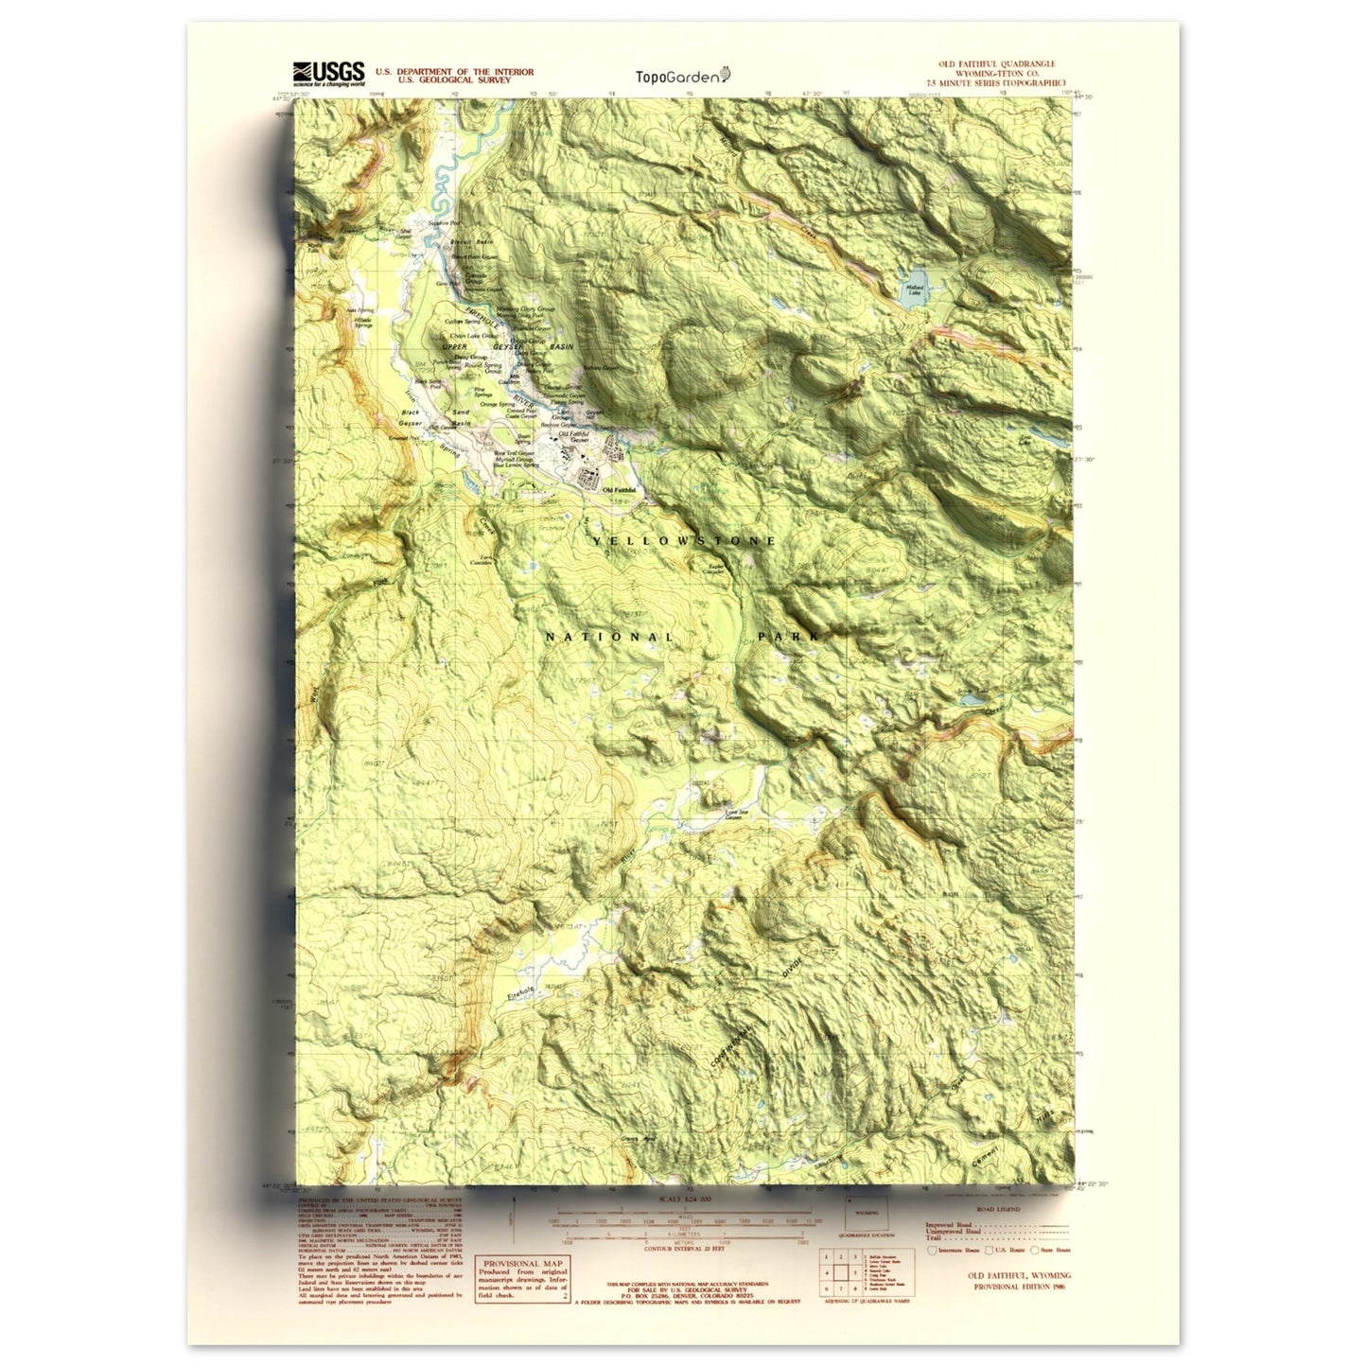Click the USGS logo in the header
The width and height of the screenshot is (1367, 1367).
(x=328, y=74)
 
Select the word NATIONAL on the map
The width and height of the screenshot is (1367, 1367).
(x=608, y=638)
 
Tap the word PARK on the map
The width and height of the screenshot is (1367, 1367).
(x=787, y=638)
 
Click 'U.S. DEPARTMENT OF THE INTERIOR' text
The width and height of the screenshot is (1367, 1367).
(x=454, y=72)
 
